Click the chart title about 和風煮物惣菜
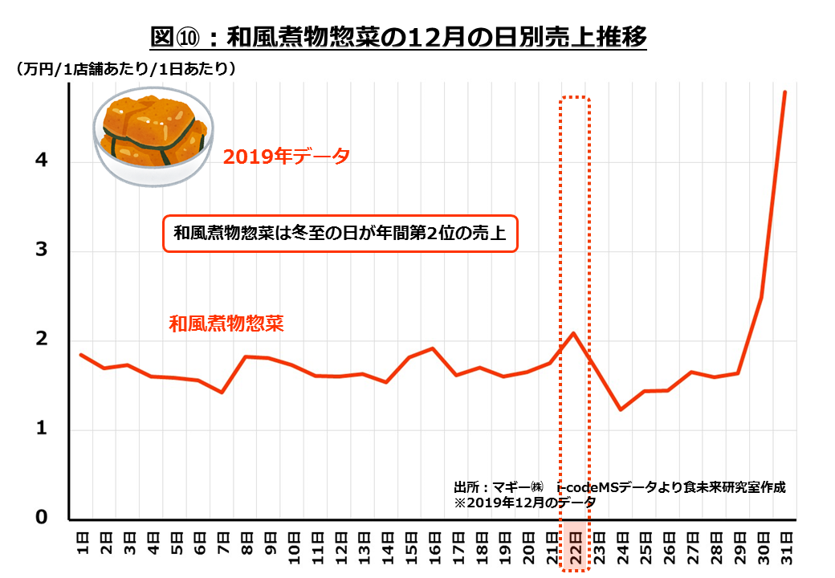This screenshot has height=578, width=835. pos(398,38)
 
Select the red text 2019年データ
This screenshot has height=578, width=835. pos(287,157)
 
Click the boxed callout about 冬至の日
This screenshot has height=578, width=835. pos(340,234)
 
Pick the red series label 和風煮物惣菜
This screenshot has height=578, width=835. pos(227,324)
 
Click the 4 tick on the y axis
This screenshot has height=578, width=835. pos(42,161)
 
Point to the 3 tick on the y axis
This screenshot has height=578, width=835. pos(42,250)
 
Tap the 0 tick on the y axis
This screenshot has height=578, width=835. pos(42,519)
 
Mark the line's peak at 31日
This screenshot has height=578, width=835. pos(784,92)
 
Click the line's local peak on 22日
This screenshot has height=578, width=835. pos(573,332)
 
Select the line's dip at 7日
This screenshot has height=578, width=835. pos(222,392)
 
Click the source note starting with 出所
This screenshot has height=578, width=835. pos(619,487)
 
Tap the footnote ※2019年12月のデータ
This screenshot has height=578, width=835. pos(525,502)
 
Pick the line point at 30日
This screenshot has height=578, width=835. pos(761,297)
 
